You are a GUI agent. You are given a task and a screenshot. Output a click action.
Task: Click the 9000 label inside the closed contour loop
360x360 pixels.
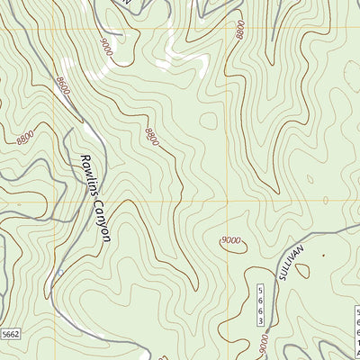point(232,240)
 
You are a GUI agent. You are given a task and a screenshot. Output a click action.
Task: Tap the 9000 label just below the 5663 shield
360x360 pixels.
point(262,343)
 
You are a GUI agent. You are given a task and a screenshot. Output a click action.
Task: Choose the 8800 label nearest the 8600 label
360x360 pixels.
point(26,138)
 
